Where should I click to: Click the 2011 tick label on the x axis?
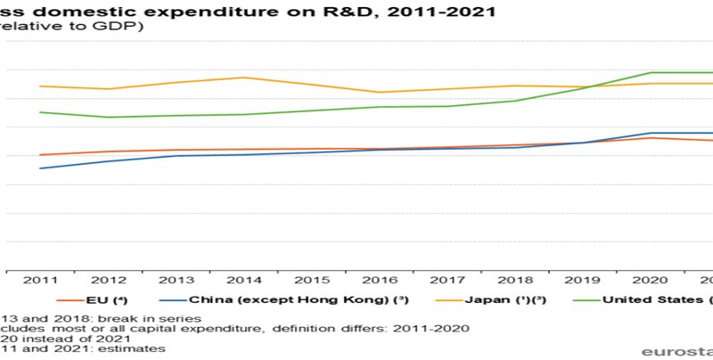tap(41, 281)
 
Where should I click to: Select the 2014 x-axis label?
tap(244, 281)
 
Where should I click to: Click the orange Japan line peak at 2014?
tap(244, 78)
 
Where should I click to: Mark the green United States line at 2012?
tap(109, 117)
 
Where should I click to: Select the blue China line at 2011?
tap(41, 168)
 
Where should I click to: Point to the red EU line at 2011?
tap(41, 155)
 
